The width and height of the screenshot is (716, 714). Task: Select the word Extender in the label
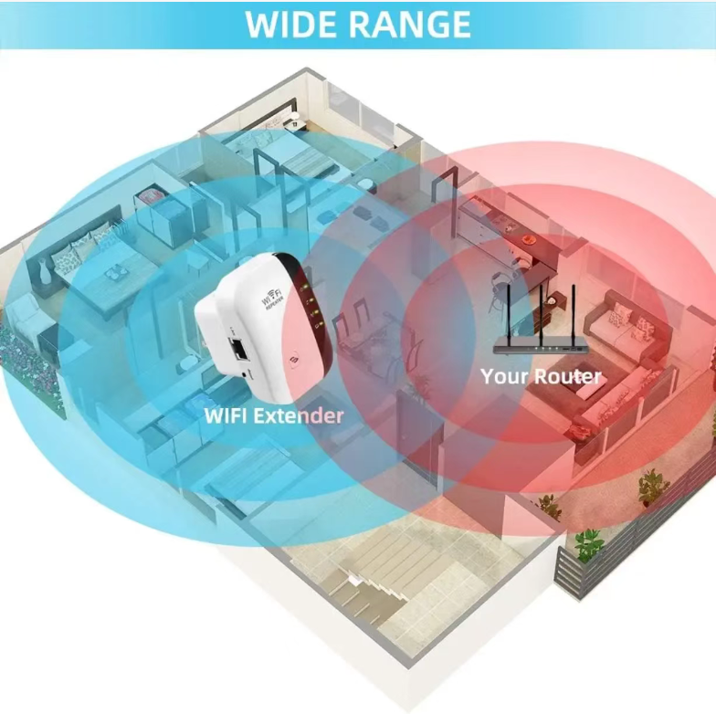click(x=298, y=416)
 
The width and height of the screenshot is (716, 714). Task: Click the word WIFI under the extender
click(x=226, y=416)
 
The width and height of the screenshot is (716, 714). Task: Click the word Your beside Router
click(x=504, y=376)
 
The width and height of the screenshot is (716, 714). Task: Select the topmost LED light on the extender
click(x=303, y=288)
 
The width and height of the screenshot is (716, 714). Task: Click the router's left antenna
click(x=509, y=314)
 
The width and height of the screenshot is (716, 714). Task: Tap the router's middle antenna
click(x=541, y=314)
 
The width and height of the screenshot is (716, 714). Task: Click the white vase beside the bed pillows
click(x=43, y=272)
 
